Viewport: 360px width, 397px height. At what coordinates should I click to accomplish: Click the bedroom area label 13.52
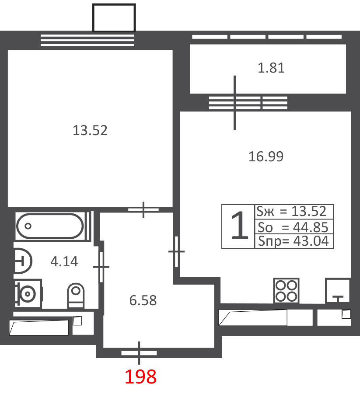90,130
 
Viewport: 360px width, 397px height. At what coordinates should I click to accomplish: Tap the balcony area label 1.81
271,68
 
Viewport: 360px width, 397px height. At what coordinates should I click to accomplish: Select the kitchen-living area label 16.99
266,157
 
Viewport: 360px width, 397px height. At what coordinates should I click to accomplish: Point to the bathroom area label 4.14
64,261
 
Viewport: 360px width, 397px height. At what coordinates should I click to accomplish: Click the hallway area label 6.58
143,300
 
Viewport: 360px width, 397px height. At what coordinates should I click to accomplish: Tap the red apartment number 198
140,377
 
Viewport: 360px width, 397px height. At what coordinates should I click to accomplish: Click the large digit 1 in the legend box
239,226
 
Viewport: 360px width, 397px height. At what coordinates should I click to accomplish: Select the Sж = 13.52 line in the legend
292,211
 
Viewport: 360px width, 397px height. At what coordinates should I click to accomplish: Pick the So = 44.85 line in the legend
293,227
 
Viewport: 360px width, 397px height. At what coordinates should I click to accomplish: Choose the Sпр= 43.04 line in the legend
294,241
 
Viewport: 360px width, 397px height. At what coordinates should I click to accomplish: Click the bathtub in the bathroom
50,226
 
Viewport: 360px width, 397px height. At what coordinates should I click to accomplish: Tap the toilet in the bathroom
76,295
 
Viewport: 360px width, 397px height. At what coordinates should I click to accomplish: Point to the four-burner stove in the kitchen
286,291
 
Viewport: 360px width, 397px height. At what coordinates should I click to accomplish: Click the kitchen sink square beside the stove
338,291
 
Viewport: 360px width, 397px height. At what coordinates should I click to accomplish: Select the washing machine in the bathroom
28,294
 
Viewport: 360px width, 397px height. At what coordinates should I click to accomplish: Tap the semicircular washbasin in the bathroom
23,261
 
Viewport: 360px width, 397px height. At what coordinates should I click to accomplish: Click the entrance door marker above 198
139,353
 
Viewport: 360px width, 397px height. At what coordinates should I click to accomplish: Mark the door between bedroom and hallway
143,209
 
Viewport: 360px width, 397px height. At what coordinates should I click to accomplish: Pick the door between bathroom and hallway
101,267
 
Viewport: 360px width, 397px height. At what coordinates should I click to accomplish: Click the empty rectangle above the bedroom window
114,18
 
